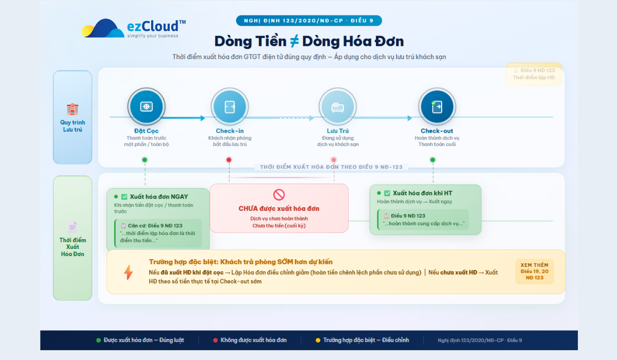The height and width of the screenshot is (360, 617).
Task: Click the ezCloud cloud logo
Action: tap(103, 29)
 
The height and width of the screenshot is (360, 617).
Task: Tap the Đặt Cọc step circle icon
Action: tap(147, 106)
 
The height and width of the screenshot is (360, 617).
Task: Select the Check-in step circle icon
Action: tap(229, 106)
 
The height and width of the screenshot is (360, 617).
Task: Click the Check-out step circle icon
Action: tap(437, 106)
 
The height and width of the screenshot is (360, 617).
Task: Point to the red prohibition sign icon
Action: tap(279, 194)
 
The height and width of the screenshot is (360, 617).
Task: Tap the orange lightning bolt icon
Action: tap(128, 272)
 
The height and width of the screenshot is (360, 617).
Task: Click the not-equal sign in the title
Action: tap(294, 41)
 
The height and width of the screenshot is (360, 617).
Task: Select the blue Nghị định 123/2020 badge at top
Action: tap(308, 21)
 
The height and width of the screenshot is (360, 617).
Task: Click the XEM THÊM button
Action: tap(535, 271)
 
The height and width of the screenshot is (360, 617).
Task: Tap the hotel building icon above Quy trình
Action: tap(72, 109)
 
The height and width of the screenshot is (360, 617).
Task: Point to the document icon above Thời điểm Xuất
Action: tap(72, 227)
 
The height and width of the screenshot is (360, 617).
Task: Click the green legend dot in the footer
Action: tap(99, 340)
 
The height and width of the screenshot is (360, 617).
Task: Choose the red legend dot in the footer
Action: tap(215, 340)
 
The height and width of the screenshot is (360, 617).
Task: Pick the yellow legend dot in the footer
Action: tap(318, 340)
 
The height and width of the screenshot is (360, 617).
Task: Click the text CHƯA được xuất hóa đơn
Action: tap(279, 208)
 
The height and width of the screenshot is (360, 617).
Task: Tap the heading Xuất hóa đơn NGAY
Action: tap(159, 196)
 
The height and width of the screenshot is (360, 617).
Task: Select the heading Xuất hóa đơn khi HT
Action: tap(422, 193)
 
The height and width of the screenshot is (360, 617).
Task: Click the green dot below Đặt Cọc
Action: tap(144, 160)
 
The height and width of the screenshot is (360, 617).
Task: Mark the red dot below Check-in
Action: tap(229, 160)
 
